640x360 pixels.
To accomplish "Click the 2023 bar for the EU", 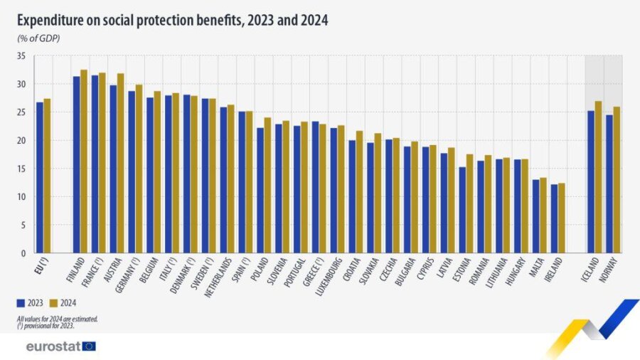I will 40,177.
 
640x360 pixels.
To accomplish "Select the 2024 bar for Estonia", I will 469,203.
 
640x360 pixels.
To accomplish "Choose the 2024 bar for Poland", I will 267,185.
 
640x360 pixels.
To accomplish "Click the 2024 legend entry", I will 64,302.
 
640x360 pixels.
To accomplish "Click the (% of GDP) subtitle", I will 38,38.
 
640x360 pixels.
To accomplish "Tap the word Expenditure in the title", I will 50,21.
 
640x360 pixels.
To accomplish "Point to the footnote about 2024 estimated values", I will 58,319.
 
